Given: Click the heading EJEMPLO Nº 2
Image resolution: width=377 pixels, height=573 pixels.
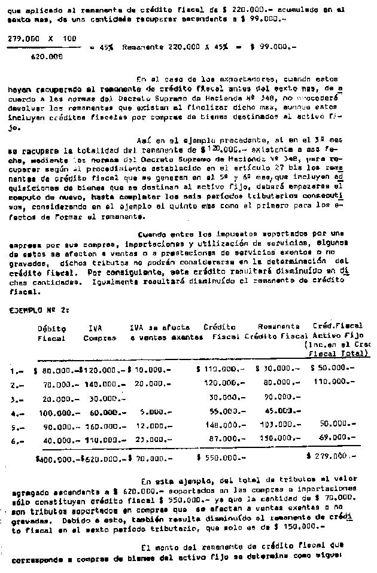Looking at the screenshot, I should pyautogui.click(x=39, y=310).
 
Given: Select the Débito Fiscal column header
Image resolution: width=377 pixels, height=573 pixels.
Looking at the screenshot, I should pyautogui.click(x=51, y=333).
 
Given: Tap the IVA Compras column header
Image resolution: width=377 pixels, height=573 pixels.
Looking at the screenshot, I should pyautogui.click(x=99, y=333).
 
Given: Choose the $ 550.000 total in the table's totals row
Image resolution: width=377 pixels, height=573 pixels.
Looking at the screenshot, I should pyautogui.click(x=219, y=458).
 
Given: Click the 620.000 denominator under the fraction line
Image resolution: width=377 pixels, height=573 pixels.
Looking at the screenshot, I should pyautogui.click(x=45, y=57).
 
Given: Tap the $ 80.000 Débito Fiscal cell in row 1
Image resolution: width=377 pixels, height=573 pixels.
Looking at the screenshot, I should pyautogui.click(x=55, y=370).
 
